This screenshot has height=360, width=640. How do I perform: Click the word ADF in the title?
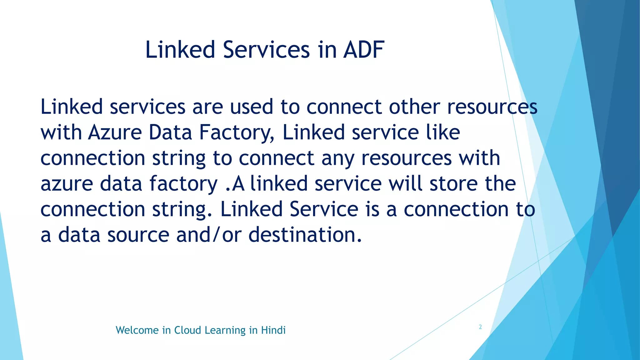364,50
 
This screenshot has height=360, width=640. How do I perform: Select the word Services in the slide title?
266,50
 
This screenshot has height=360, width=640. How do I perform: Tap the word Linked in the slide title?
180,50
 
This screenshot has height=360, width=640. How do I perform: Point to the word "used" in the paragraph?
252,107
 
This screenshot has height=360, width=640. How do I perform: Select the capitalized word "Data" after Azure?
170,132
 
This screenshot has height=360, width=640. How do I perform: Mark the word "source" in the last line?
138,235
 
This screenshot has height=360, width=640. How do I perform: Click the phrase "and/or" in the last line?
209,235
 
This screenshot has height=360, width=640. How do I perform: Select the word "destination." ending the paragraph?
305,235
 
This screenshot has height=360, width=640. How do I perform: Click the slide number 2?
480,327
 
